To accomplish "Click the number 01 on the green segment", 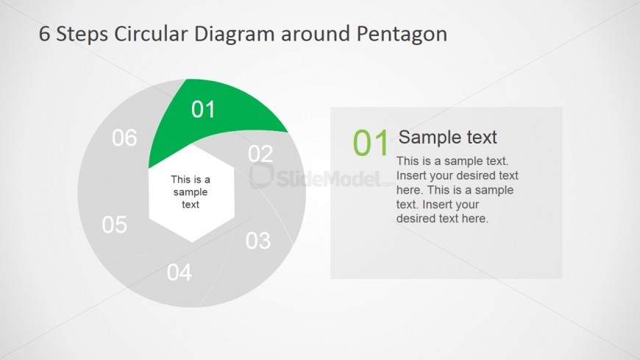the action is click(203, 110).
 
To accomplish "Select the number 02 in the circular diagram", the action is click(260, 154).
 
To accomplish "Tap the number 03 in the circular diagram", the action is click(258, 241).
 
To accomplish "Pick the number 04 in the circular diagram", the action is click(179, 272).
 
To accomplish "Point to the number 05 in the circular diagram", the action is click(115, 225).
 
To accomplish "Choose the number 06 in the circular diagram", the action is click(124, 138).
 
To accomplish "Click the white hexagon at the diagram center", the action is click(191, 193).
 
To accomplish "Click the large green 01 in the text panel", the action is click(371, 143).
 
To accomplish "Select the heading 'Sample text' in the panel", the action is click(448, 137).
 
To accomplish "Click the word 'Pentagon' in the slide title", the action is click(402, 35).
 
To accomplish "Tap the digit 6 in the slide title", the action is click(44, 34).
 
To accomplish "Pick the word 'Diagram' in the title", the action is click(234, 35).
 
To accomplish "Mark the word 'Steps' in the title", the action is click(82, 35).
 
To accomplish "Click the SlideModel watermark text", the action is click(329, 179).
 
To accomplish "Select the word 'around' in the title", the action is click(315, 34).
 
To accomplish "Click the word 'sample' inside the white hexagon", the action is click(191, 192).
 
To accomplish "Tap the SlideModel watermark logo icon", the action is click(261, 176).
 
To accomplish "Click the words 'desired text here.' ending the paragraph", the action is click(442, 219).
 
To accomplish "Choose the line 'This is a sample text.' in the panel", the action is click(452, 161).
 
